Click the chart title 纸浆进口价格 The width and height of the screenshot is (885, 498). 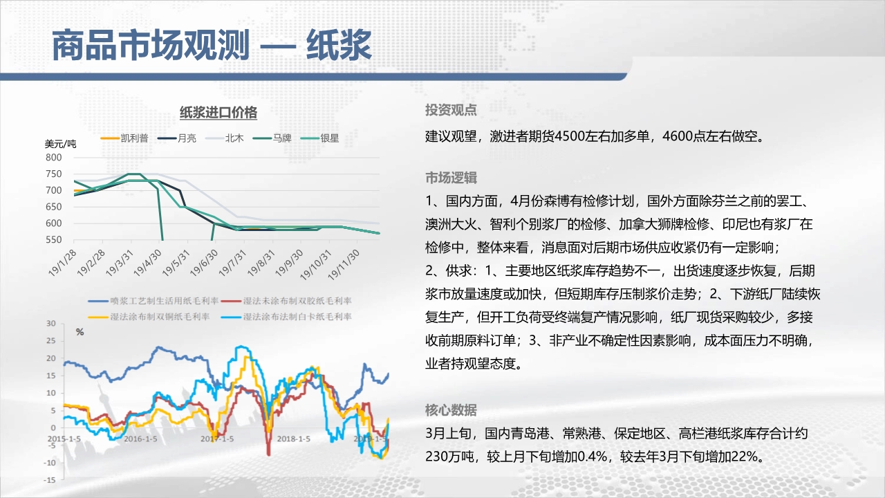coord(218,113)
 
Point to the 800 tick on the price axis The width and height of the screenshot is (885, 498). coord(54,157)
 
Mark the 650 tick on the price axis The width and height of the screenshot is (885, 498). coord(54,207)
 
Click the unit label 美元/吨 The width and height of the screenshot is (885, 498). coord(60,144)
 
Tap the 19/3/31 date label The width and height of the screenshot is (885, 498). coord(120,262)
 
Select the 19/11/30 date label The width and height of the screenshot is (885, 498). coord(344,264)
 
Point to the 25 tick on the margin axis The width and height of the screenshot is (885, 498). coord(51,341)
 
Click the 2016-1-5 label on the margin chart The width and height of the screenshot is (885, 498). coord(140,439)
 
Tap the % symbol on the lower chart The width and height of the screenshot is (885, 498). coord(80,332)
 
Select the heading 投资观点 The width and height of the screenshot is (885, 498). coord(451,110)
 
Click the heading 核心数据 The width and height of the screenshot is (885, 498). coord(451,410)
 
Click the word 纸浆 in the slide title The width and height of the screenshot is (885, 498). coord(339,46)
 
